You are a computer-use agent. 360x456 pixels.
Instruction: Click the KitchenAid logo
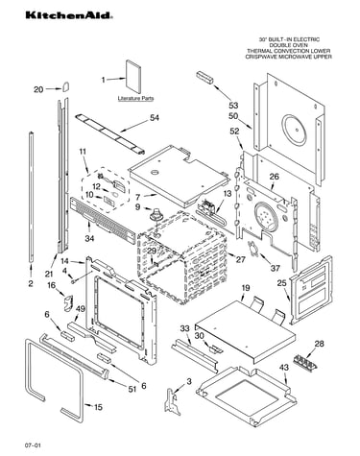point(69,15)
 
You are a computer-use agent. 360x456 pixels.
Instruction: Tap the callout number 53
point(233,106)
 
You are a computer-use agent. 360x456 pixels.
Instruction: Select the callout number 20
point(38,89)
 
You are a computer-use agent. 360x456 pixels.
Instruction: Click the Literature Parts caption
point(135,98)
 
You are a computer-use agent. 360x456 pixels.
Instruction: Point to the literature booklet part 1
point(132,76)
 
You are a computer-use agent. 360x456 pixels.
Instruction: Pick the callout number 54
point(155,118)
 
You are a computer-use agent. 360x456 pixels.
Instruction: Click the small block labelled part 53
point(204,78)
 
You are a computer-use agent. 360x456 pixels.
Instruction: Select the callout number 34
point(90,238)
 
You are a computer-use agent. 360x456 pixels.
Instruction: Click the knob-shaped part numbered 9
point(156,214)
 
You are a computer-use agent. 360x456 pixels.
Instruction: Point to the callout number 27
point(240,259)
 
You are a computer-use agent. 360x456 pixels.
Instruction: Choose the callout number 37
point(276,268)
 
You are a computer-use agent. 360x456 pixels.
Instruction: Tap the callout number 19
point(245,288)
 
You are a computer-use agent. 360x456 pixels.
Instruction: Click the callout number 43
point(283,368)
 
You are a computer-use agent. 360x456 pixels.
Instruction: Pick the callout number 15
point(98,407)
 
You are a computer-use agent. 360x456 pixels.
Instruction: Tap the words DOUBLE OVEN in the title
point(289,45)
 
